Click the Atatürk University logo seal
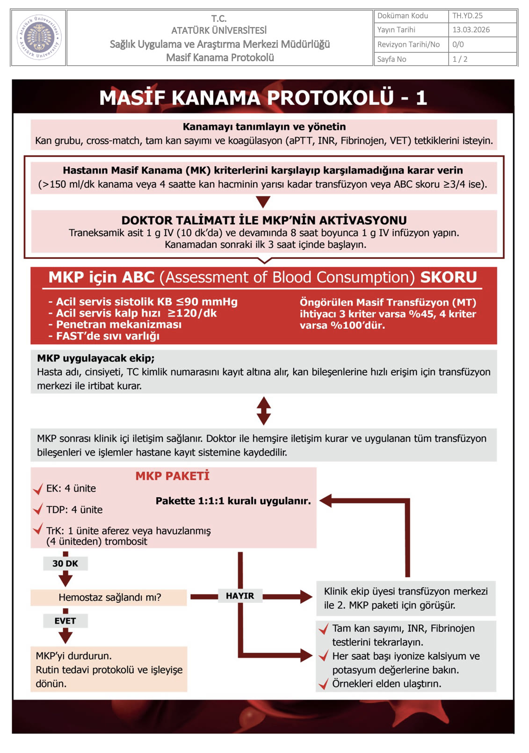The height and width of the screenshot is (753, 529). click(x=39, y=37)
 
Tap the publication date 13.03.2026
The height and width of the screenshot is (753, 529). click(x=471, y=30)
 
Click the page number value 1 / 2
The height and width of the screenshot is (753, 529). click(x=460, y=59)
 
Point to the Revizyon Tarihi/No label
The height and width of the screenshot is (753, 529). click(x=408, y=44)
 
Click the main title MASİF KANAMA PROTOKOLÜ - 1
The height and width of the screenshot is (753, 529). click(x=263, y=97)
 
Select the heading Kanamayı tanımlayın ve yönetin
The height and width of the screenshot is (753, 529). click(x=264, y=126)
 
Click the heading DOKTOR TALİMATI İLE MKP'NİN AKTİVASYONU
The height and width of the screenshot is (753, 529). click(x=264, y=220)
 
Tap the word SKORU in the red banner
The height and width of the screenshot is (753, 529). click(x=448, y=277)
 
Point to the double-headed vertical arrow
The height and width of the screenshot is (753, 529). click(x=264, y=411)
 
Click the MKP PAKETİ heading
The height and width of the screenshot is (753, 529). click(x=172, y=476)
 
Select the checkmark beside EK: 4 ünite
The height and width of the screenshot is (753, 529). click(x=38, y=489)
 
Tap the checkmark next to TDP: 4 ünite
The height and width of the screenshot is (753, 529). click(x=38, y=509)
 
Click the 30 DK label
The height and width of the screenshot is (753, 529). click(x=65, y=563)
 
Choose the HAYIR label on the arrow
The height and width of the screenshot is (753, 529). click(x=239, y=596)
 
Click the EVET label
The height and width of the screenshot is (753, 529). click(x=65, y=621)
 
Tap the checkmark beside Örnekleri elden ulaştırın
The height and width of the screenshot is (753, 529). click(x=323, y=685)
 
